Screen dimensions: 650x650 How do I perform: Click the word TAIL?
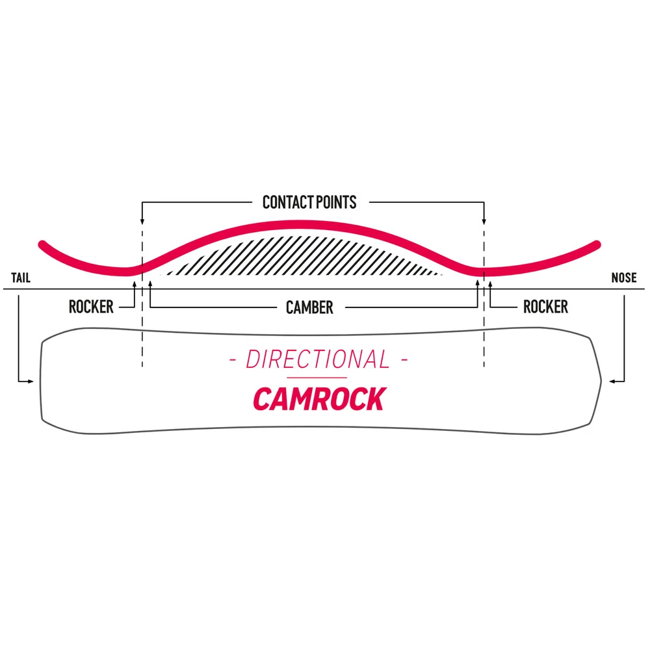(20, 279)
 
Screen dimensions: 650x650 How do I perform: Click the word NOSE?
(624, 279)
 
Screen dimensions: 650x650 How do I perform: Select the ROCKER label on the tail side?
(92, 307)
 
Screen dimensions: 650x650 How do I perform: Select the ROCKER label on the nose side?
(545, 307)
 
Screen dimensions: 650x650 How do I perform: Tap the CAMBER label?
(309, 307)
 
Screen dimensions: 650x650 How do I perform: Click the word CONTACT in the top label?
(285, 202)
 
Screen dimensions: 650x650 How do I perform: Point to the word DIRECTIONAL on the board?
(318, 359)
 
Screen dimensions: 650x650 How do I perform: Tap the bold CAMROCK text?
(318, 398)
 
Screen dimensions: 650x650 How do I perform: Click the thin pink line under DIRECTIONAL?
(317, 378)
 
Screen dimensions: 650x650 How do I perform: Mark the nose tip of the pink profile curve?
(596, 244)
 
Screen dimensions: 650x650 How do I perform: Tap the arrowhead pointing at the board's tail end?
(31, 382)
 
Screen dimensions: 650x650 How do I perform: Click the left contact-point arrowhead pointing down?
(142, 222)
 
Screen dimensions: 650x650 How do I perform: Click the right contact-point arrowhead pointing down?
(484, 222)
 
